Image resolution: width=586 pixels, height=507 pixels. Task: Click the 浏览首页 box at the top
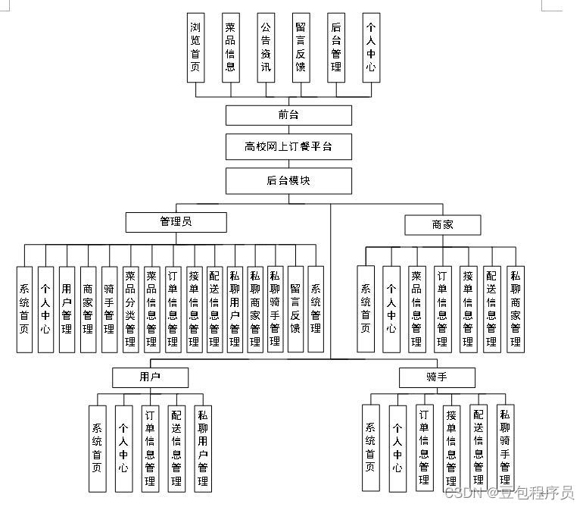click(x=196, y=47)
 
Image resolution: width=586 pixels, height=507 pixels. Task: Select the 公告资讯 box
click(x=266, y=47)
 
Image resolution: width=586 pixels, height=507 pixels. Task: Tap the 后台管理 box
click(x=336, y=47)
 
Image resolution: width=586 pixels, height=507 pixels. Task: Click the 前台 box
click(x=288, y=115)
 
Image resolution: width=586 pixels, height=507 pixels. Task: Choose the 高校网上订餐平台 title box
click(x=288, y=147)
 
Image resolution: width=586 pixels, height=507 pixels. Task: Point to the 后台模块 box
click(x=288, y=180)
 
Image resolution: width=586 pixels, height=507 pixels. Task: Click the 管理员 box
click(x=176, y=222)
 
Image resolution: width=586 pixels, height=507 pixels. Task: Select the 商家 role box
click(x=443, y=224)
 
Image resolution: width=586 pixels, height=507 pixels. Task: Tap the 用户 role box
click(x=150, y=377)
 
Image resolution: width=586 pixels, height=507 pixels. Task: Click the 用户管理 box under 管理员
click(x=67, y=309)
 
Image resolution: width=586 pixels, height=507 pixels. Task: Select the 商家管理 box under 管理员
click(x=88, y=309)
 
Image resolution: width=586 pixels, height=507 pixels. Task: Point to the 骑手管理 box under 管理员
click(x=109, y=309)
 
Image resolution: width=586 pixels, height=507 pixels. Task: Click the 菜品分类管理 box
click(x=130, y=309)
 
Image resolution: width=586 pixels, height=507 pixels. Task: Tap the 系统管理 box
click(x=316, y=309)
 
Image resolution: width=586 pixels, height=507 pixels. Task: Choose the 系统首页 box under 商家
click(x=366, y=309)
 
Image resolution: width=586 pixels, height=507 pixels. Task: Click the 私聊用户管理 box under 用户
click(x=202, y=449)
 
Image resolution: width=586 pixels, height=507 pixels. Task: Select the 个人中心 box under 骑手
click(x=397, y=449)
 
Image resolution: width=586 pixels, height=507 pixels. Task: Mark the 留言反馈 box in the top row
click(x=301, y=47)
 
